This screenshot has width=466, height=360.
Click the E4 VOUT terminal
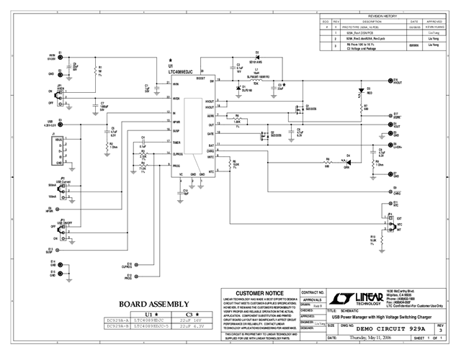389,125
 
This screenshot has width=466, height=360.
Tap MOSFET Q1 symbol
297,109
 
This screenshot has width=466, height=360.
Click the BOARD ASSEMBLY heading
154,304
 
